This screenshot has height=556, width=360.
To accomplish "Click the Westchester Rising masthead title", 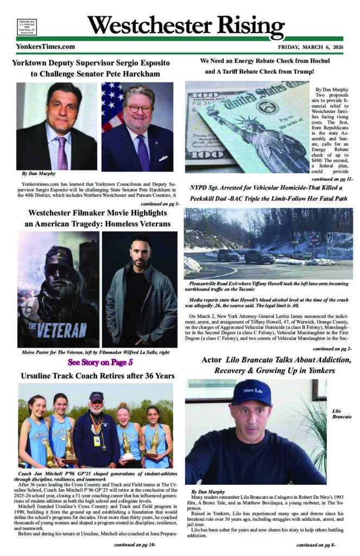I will tap(185, 25).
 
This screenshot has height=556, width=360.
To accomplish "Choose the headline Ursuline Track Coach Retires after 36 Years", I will tap(97, 376).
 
